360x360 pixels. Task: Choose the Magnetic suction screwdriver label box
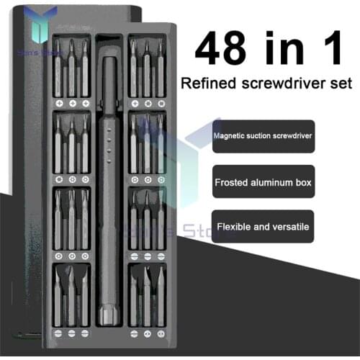click(263, 136)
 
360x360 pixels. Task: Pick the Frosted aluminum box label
click(263, 182)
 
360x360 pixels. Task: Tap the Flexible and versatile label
click(263, 227)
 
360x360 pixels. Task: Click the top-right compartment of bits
click(146, 71)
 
